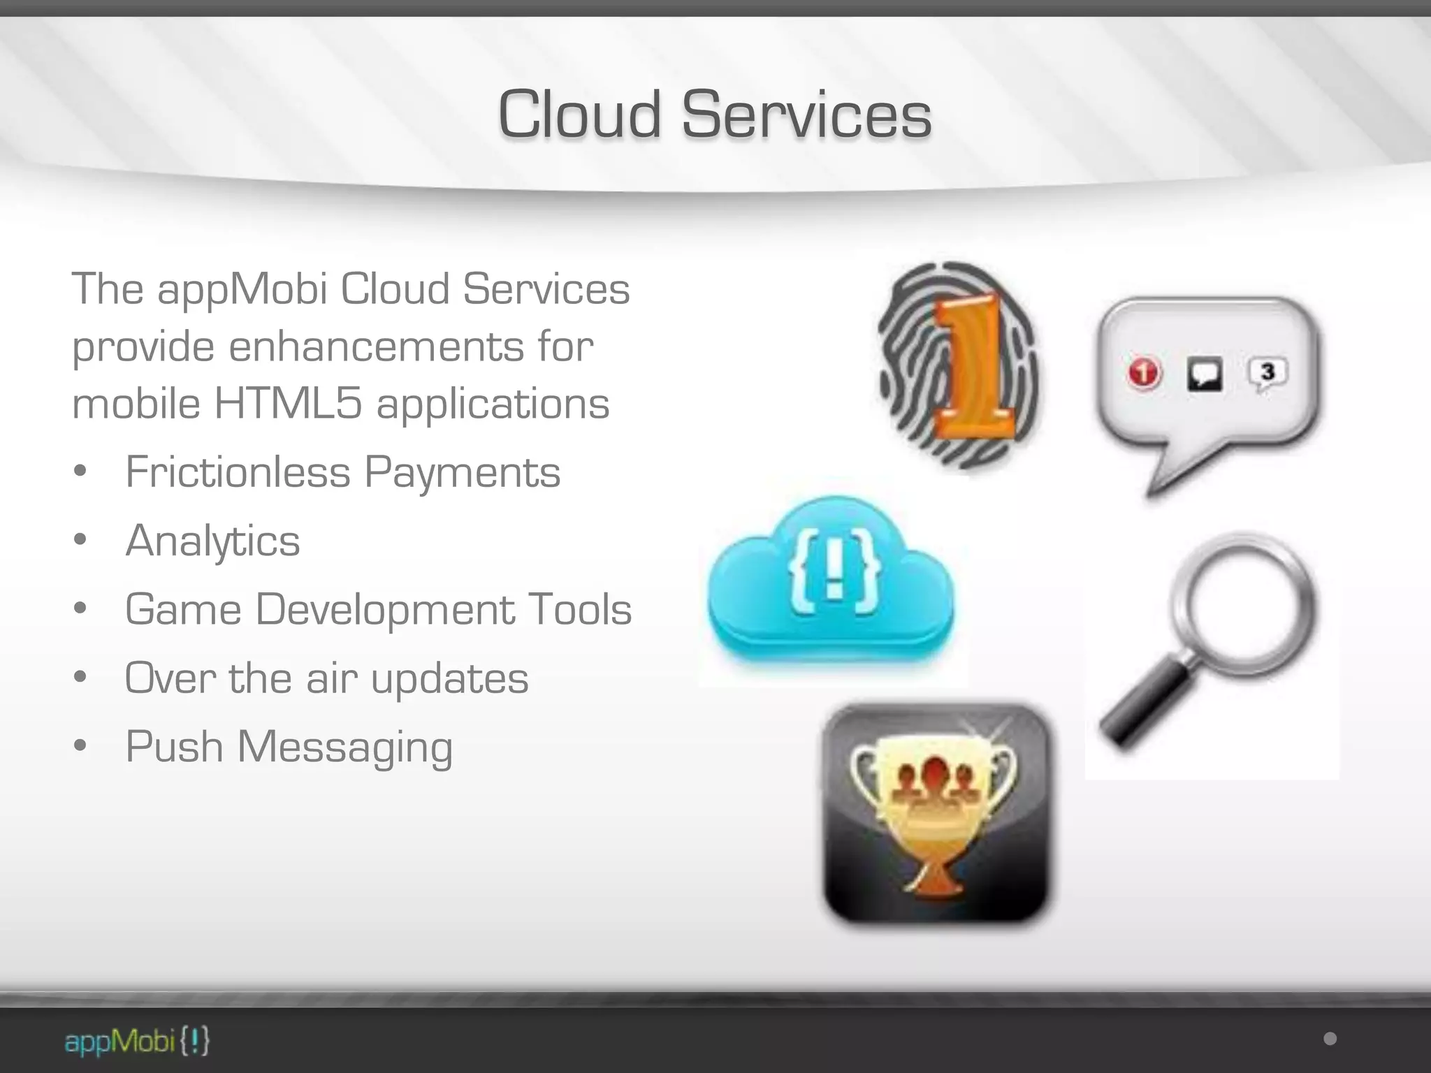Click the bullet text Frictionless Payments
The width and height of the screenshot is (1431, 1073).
tap(342, 472)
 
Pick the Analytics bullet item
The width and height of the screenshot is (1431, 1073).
tap(212, 541)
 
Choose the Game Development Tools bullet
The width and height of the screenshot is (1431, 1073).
tap(378, 609)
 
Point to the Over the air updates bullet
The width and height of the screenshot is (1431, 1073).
tap(326, 678)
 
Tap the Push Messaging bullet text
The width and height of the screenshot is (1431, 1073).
tap(289, 746)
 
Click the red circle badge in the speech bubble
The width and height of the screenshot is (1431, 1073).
tap(1144, 372)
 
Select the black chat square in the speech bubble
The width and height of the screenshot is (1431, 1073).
tap(1205, 374)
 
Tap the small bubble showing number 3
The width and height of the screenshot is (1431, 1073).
tap(1267, 374)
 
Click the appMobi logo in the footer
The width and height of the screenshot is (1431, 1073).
tap(137, 1042)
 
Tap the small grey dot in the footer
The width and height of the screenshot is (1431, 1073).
tap(1330, 1039)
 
